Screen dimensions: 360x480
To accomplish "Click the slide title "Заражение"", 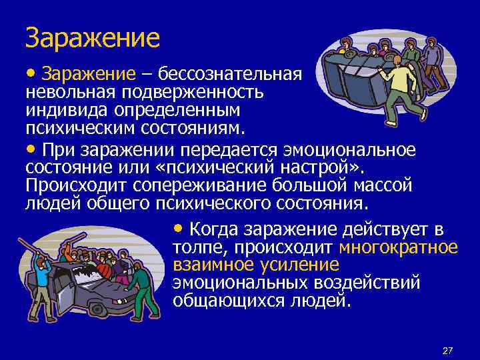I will [93, 38].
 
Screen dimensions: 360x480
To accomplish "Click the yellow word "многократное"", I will [398, 247].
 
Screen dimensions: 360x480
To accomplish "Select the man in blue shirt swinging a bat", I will [42, 277].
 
